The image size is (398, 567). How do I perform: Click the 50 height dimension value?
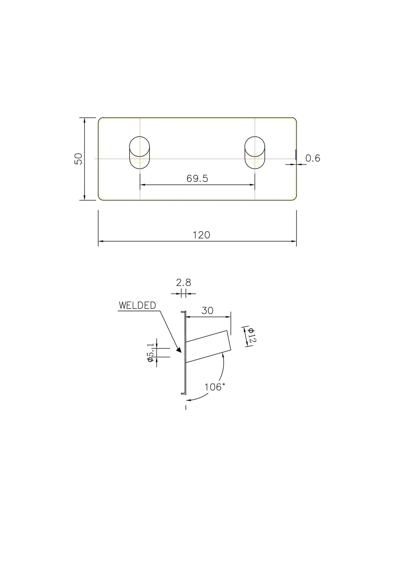coord(79,159)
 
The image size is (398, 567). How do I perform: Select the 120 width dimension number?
coord(201,235)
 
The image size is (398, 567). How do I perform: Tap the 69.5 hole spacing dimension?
coord(197,179)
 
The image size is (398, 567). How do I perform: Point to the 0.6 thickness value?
coord(313,158)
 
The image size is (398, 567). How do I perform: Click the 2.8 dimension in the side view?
coord(183,282)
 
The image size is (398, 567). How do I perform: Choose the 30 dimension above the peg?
coord(207,311)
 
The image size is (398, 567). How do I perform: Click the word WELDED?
coord(137,306)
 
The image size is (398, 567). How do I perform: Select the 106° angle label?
coord(215,387)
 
